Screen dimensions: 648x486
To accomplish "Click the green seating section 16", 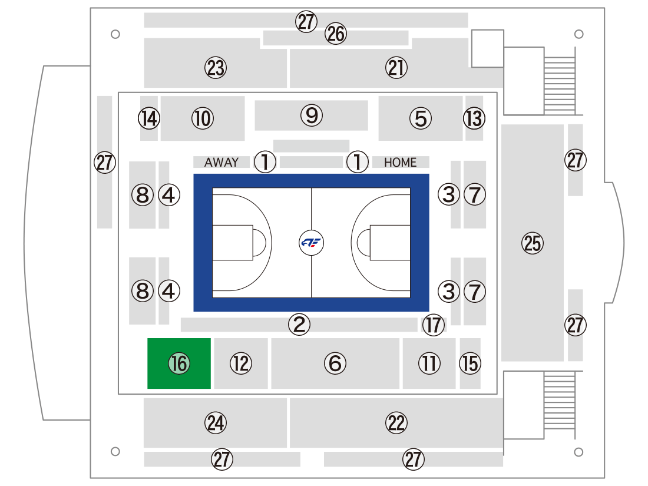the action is pos(179,363).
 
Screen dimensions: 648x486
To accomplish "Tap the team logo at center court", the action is pos(311,243).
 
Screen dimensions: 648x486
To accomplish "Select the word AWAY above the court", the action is pos(221,163).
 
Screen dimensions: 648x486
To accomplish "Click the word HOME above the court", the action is pos(400,163).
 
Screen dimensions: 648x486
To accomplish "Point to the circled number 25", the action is pos(533,243).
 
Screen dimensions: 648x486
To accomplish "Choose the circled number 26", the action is pos(336,34).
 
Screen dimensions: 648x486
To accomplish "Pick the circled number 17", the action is pos(434,325).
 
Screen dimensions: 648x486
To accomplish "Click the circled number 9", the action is pos(312,115).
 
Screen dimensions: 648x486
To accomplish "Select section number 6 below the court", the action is pos(335,363).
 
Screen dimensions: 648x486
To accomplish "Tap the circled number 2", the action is pos(299,324).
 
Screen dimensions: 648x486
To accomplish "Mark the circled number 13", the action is pos(474,118).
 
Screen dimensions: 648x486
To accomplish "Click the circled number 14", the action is pos(149,118).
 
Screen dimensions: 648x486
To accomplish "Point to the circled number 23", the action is pos(216,68).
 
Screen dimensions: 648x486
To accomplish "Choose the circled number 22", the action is pos(396,423).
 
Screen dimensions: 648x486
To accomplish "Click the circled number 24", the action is pos(216,423).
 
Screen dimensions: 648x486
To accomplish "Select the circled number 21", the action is pos(396,68).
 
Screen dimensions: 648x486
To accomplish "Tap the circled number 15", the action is pos(470,363).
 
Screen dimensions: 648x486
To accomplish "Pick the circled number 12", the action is pos(241,363).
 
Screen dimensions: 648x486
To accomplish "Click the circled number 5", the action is pos(421,118).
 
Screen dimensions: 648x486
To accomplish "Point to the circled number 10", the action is pos(203,118).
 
